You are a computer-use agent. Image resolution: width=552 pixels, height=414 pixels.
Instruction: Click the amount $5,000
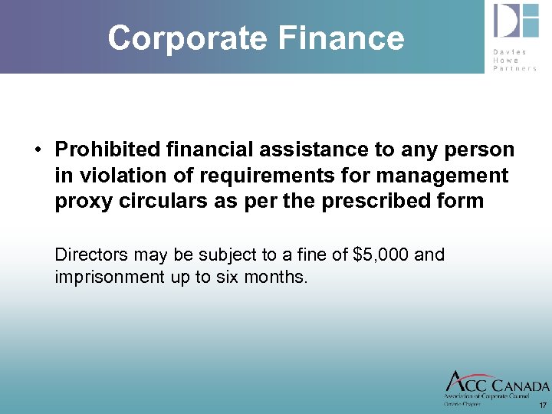tap(379, 254)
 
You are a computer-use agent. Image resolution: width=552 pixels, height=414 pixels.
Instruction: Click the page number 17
tap(543, 405)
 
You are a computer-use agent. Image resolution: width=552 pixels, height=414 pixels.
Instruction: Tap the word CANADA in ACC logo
tap(517, 386)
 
